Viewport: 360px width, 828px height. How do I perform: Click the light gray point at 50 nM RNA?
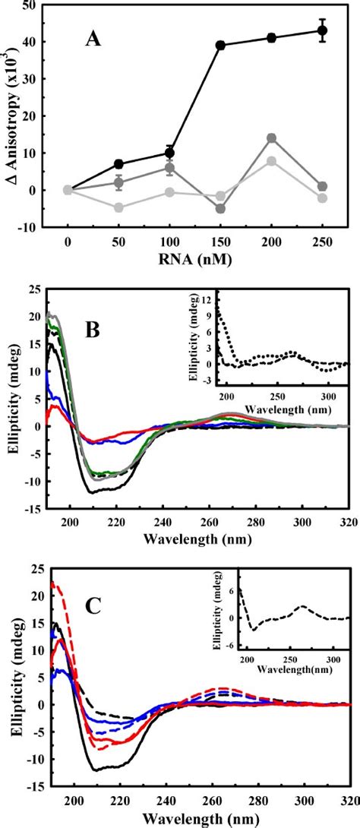[x=118, y=207]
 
